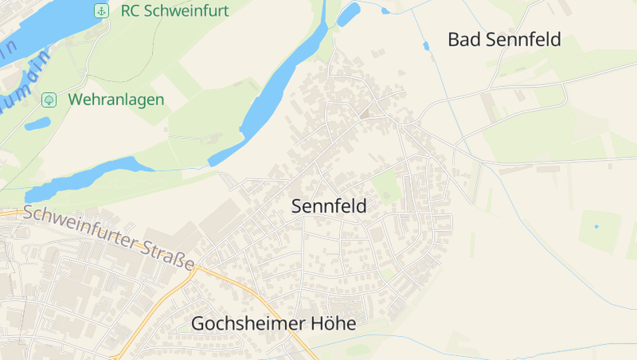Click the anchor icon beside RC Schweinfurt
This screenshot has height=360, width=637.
point(101,10)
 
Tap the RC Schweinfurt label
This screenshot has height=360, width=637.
point(174,10)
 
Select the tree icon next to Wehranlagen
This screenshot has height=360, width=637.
point(49,100)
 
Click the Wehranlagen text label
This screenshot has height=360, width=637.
point(116,100)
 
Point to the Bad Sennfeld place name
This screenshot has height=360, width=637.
point(504,39)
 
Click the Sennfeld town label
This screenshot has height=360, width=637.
point(329,206)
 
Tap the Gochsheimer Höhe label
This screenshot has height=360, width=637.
point(273,323)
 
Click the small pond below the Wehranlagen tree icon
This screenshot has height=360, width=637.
point(37,123)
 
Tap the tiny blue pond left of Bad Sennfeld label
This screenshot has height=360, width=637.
point(426,46)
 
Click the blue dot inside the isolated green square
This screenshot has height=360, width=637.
point(596,226)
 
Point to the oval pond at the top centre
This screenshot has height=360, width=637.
point(348,14)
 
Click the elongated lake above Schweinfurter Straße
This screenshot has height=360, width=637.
point(88,177)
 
